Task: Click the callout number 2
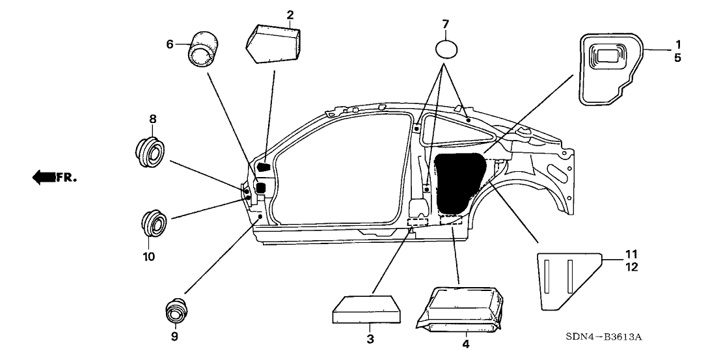coord(290,14)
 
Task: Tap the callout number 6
coord(170,44)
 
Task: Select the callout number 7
coord(445,24)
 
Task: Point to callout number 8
coord(154,119)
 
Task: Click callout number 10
coord(148,256)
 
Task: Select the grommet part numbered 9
coord(175,312)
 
